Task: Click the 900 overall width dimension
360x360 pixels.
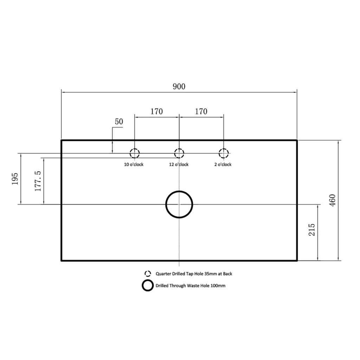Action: [179, 86]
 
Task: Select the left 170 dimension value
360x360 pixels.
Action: [156, 111]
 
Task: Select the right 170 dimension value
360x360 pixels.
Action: [201, 111]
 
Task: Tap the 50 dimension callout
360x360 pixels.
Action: [119, 121]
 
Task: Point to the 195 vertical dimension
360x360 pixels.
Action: [15, 179]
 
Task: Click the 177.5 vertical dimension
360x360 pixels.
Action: [38, 181]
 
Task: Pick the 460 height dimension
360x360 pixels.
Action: [333, 200]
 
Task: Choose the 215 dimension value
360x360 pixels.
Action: [312, 230]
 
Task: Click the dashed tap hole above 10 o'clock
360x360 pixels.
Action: [135, 149]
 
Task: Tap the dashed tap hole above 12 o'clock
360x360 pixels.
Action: [179, 149]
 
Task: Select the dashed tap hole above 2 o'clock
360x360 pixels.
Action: [224, 149]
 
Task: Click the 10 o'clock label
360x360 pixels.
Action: [134, 165]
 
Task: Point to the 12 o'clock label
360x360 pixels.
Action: [179, 165]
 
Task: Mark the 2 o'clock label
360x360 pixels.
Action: [223, 165]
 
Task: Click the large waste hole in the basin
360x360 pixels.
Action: [179, 191]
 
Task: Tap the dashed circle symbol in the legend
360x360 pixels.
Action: [148, 271]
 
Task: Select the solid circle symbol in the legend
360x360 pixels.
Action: [148, 280]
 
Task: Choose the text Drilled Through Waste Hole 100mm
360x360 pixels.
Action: [190, 285]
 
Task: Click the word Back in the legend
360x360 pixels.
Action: [227, 274]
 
